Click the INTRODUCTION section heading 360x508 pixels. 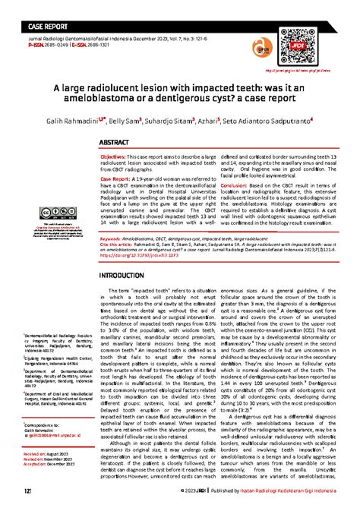131,252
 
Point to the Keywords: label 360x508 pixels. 112,217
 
